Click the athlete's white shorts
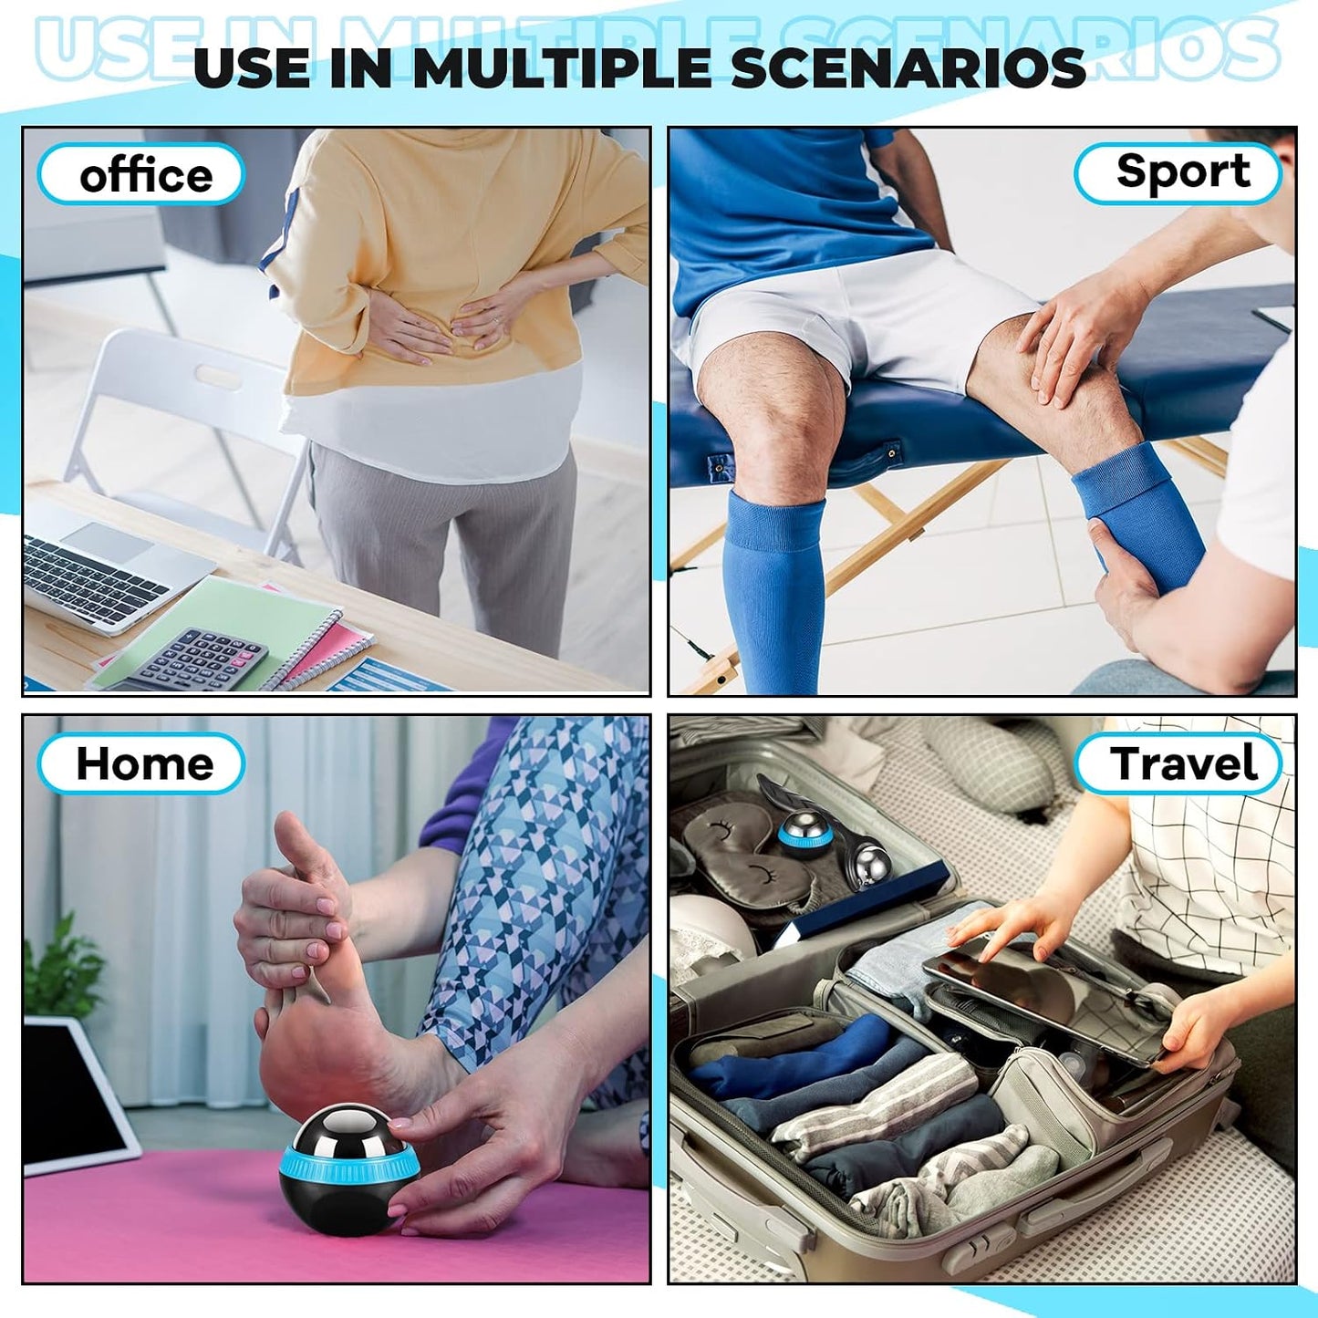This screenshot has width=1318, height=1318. point(855,321)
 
